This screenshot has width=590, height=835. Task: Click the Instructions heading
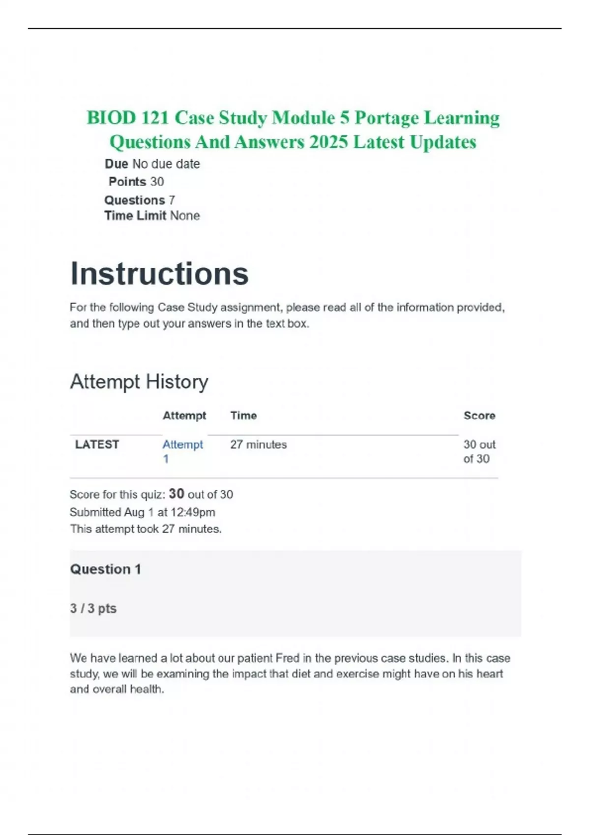pos(159,274)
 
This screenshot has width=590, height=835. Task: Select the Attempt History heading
pos(139,382)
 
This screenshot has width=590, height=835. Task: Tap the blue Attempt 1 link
pos(182,451)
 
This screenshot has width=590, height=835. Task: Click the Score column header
pos(479,416)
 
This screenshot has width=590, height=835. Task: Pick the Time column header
pos(243,416)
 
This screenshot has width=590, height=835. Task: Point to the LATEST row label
pos(97,445)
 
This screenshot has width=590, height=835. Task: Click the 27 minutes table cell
pos(258,445)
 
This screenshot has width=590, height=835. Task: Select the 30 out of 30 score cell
pos(479,451)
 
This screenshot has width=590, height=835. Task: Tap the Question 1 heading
pos(105,569)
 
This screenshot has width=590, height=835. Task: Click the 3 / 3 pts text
pos(93,609)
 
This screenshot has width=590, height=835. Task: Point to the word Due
pos(117,164)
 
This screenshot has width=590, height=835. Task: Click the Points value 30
pos(157,182)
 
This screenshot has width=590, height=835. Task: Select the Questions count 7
pos(172,200)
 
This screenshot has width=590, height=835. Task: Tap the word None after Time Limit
pos(185,216)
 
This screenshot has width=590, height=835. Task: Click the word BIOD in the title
pos(111,118)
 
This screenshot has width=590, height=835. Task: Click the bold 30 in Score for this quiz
pos(177,494)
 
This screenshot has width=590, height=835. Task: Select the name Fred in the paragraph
pos(287,658)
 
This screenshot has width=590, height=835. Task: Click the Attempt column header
pos(184,416)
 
